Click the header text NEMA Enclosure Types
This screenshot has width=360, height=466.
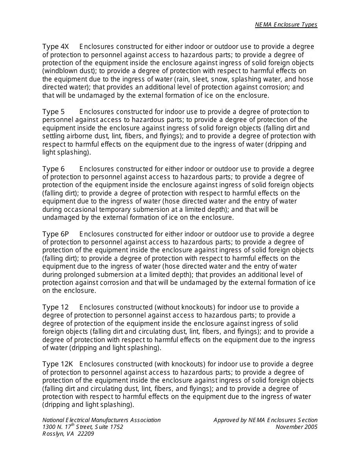286,25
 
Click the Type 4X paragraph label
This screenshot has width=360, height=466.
56,47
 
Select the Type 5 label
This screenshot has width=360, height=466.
53,112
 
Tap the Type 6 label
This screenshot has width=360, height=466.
53,169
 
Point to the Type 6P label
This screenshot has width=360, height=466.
56,234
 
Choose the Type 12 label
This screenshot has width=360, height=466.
55,307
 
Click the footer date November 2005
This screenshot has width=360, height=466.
296,427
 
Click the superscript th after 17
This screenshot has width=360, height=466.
73,425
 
